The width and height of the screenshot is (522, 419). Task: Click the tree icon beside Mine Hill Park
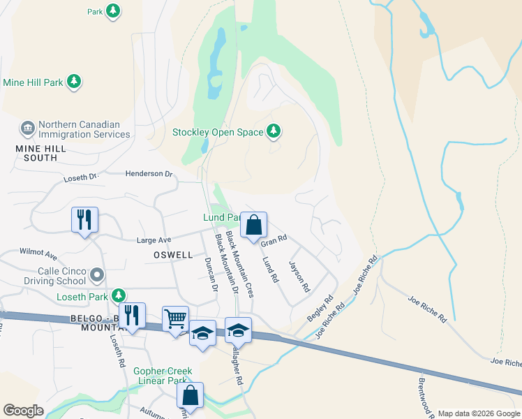click(74, 82)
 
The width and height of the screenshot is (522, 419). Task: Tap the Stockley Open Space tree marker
click(274, 132)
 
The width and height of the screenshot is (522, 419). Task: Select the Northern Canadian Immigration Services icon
click(28, 128)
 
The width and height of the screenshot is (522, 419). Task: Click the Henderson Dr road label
click(148, 173)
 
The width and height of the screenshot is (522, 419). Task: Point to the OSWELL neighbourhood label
click(172, 255)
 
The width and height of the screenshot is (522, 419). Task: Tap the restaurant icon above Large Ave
click(84, 221)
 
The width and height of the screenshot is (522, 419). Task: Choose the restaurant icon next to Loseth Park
click(131, 316)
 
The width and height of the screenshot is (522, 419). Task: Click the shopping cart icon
click(176, 319)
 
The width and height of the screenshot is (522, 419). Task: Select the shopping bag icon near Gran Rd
click(254, 225)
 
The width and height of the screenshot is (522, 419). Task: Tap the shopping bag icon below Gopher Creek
click(190, 395)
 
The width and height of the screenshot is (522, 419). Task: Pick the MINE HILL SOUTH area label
click(36, 153)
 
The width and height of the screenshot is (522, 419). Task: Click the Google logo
click(23, 411)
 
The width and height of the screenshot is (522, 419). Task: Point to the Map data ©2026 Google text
click(478, 413)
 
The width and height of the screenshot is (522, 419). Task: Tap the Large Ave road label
click(154, 240)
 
